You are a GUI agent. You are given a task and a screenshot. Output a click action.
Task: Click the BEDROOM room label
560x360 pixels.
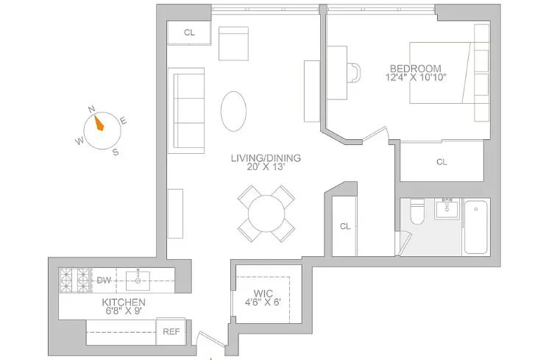pos(417,68)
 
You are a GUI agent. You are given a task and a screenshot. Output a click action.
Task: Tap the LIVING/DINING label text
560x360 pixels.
pos(266,158)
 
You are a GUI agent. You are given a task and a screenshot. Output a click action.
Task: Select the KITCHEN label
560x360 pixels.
pos(123,303)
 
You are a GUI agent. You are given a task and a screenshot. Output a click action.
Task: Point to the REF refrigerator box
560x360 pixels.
pos(171,332)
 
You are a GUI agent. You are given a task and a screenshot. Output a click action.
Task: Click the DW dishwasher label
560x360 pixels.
pos(103,280)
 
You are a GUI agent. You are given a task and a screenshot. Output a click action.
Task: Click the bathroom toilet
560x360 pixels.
pos(416,214)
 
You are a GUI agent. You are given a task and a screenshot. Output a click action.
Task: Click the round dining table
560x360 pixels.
pos(266,213)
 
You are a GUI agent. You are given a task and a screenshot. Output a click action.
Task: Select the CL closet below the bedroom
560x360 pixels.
pos(442,162)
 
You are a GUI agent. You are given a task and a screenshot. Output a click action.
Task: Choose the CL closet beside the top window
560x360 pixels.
pos(189,32)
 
